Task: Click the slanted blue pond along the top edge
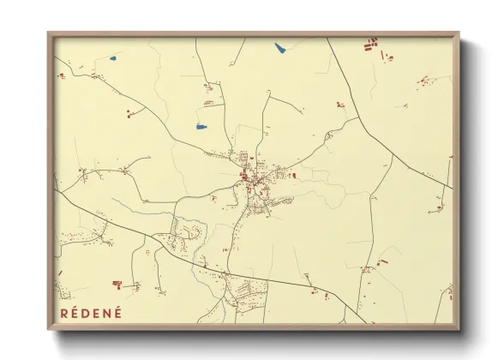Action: click(280, 48)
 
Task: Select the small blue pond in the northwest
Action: click(113, 59)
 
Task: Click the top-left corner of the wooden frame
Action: click(49, 34)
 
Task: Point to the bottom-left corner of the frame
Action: click(49, 328)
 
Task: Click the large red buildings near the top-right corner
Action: click(370, 45)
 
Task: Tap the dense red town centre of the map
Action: click(250, 178)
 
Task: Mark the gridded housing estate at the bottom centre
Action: click(246, 291)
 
